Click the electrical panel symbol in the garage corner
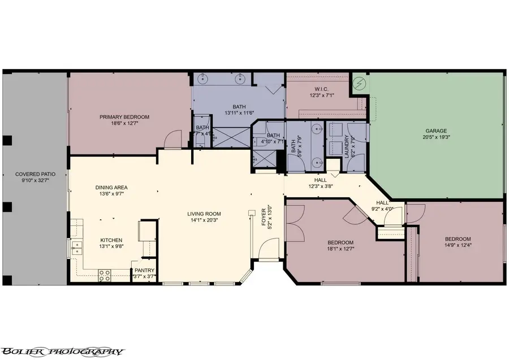(x=359, y=84)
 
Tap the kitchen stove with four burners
(x=105, y=275)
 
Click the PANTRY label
(x=144, y=270)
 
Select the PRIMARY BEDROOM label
(x=124, y=117)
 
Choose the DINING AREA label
(x=111, y=187)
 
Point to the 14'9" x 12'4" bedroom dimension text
(x=458, y=245)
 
